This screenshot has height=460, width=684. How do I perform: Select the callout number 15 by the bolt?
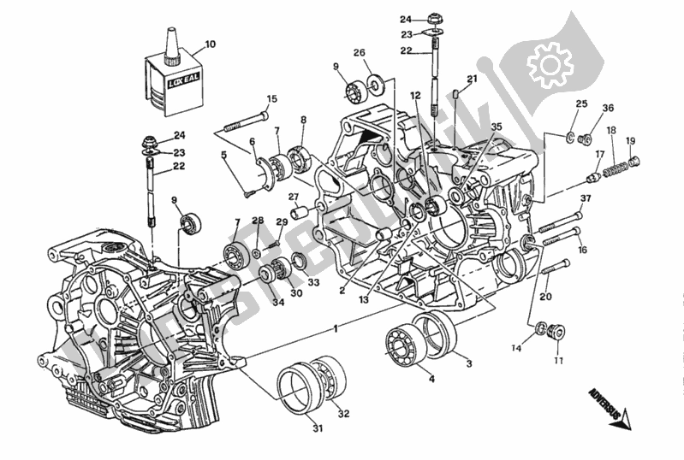(x=271, y=99)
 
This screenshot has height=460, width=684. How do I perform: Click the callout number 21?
(x=472, y=79)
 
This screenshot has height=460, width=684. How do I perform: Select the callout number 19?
(x=631, y=141)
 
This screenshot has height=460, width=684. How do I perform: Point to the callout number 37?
(x=586, y=201)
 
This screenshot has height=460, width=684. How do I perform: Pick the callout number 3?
(x=469, y=363)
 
